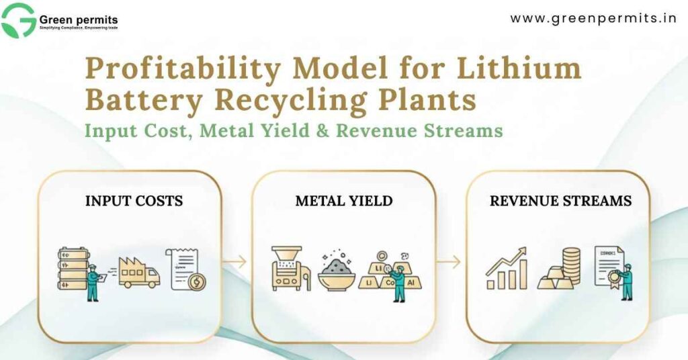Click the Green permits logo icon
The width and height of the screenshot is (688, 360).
point(18,20)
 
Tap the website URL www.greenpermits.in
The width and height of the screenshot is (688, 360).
point(593,18)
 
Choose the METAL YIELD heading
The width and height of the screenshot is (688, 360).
point(344,201)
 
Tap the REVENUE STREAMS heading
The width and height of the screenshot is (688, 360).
point(560,201)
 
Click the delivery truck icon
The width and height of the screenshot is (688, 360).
point(140,271)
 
